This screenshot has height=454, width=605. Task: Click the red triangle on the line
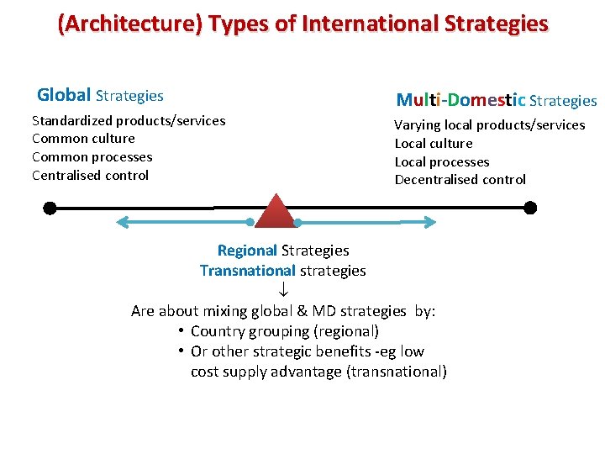[x=275, y=214]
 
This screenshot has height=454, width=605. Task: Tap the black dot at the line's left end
[x=50, y=207]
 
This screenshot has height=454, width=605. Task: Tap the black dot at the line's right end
[x=529, y=207]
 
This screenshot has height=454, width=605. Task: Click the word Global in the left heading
[x=65, y=96]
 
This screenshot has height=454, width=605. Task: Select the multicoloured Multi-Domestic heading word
[x=461, y=101]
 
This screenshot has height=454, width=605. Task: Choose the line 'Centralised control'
[x=90, y=175]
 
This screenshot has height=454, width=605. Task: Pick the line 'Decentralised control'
[x=460, y=179]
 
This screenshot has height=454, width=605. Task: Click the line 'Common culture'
[x=83, y=138]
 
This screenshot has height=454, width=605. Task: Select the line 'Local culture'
[x=434, y=143]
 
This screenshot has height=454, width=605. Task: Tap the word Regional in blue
[x=247, y=250]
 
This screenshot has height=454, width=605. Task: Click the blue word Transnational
[x=248, y=270]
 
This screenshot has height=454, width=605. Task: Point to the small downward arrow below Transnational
[x=284, y=290]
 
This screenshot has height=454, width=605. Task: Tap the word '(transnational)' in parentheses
[x=397, y=372]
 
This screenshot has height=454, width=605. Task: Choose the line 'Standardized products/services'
[x=129, y=120]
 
